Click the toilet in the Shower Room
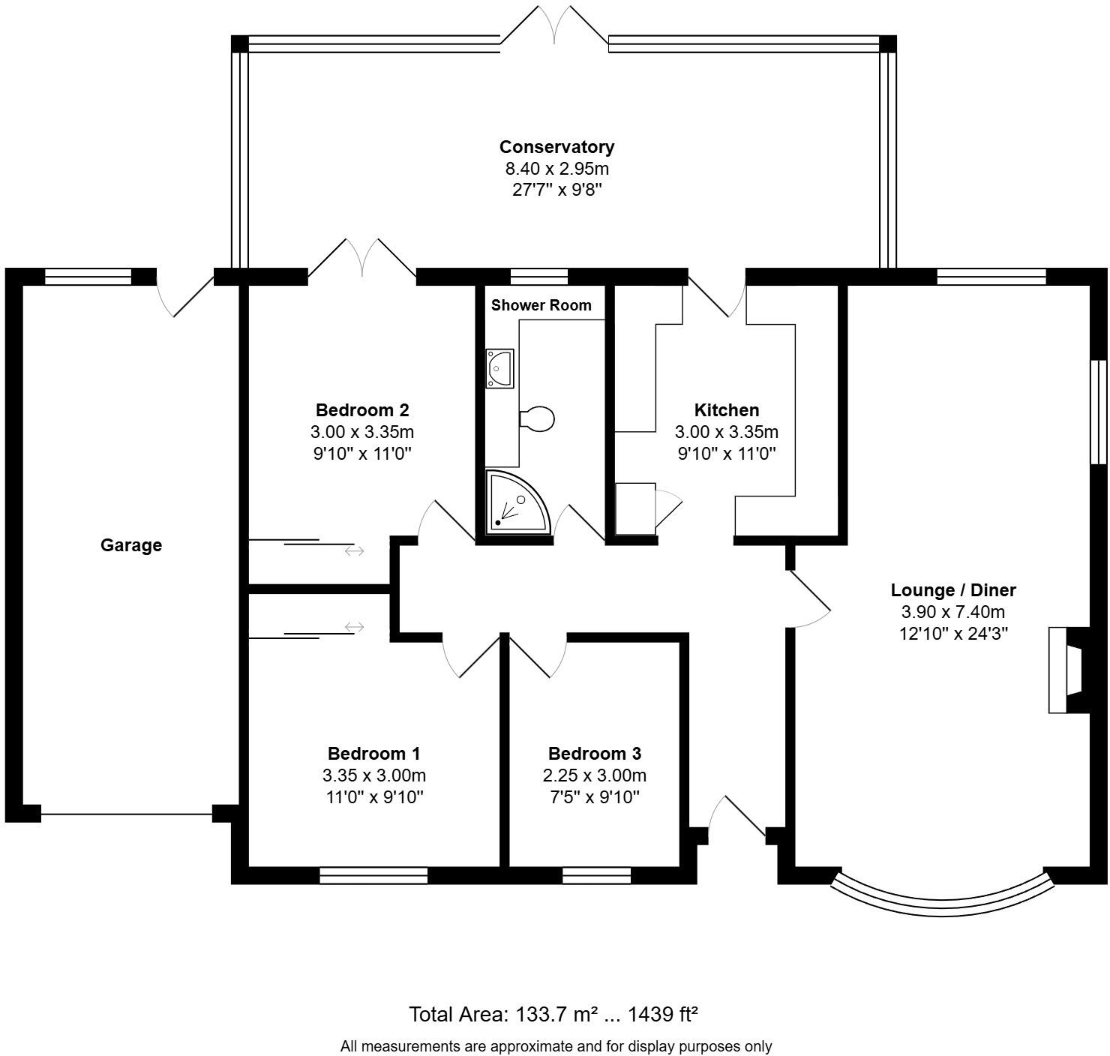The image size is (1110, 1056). tap(537, 419)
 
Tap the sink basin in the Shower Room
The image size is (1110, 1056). tap(499, 368)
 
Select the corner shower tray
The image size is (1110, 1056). tap(514, 503)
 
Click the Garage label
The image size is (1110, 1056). tap(131, 545)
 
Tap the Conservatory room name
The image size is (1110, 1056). tap(556, 147)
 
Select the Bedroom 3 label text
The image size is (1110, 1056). tap(594, 754)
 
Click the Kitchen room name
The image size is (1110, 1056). tap(726, 410)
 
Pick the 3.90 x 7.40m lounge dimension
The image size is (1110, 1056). tap(952, 612)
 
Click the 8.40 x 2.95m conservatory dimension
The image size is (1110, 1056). tap(556, 169)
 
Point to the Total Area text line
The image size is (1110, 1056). tap(553, 1015)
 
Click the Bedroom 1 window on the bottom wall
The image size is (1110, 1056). tap(373, 874)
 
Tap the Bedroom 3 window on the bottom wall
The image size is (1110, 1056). tap(596, 874)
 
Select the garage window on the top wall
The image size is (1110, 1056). tap(88, 277)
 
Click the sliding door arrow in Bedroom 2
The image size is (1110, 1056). tap(354, 551)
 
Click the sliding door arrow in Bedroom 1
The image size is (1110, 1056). tap(354, 626)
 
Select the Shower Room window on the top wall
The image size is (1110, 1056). tap(538, 277)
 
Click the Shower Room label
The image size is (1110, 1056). tap(541, 305)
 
